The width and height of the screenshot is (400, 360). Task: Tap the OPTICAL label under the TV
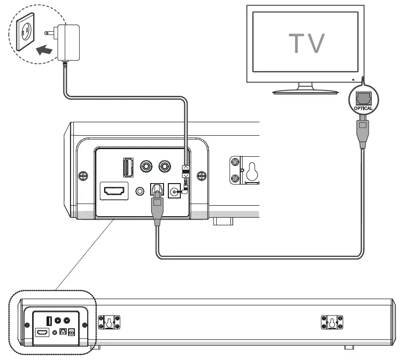363,108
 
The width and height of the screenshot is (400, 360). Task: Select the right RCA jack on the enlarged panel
165,166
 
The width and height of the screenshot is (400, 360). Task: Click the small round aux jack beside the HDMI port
140,191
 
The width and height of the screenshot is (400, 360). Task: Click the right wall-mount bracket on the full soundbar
331,323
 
